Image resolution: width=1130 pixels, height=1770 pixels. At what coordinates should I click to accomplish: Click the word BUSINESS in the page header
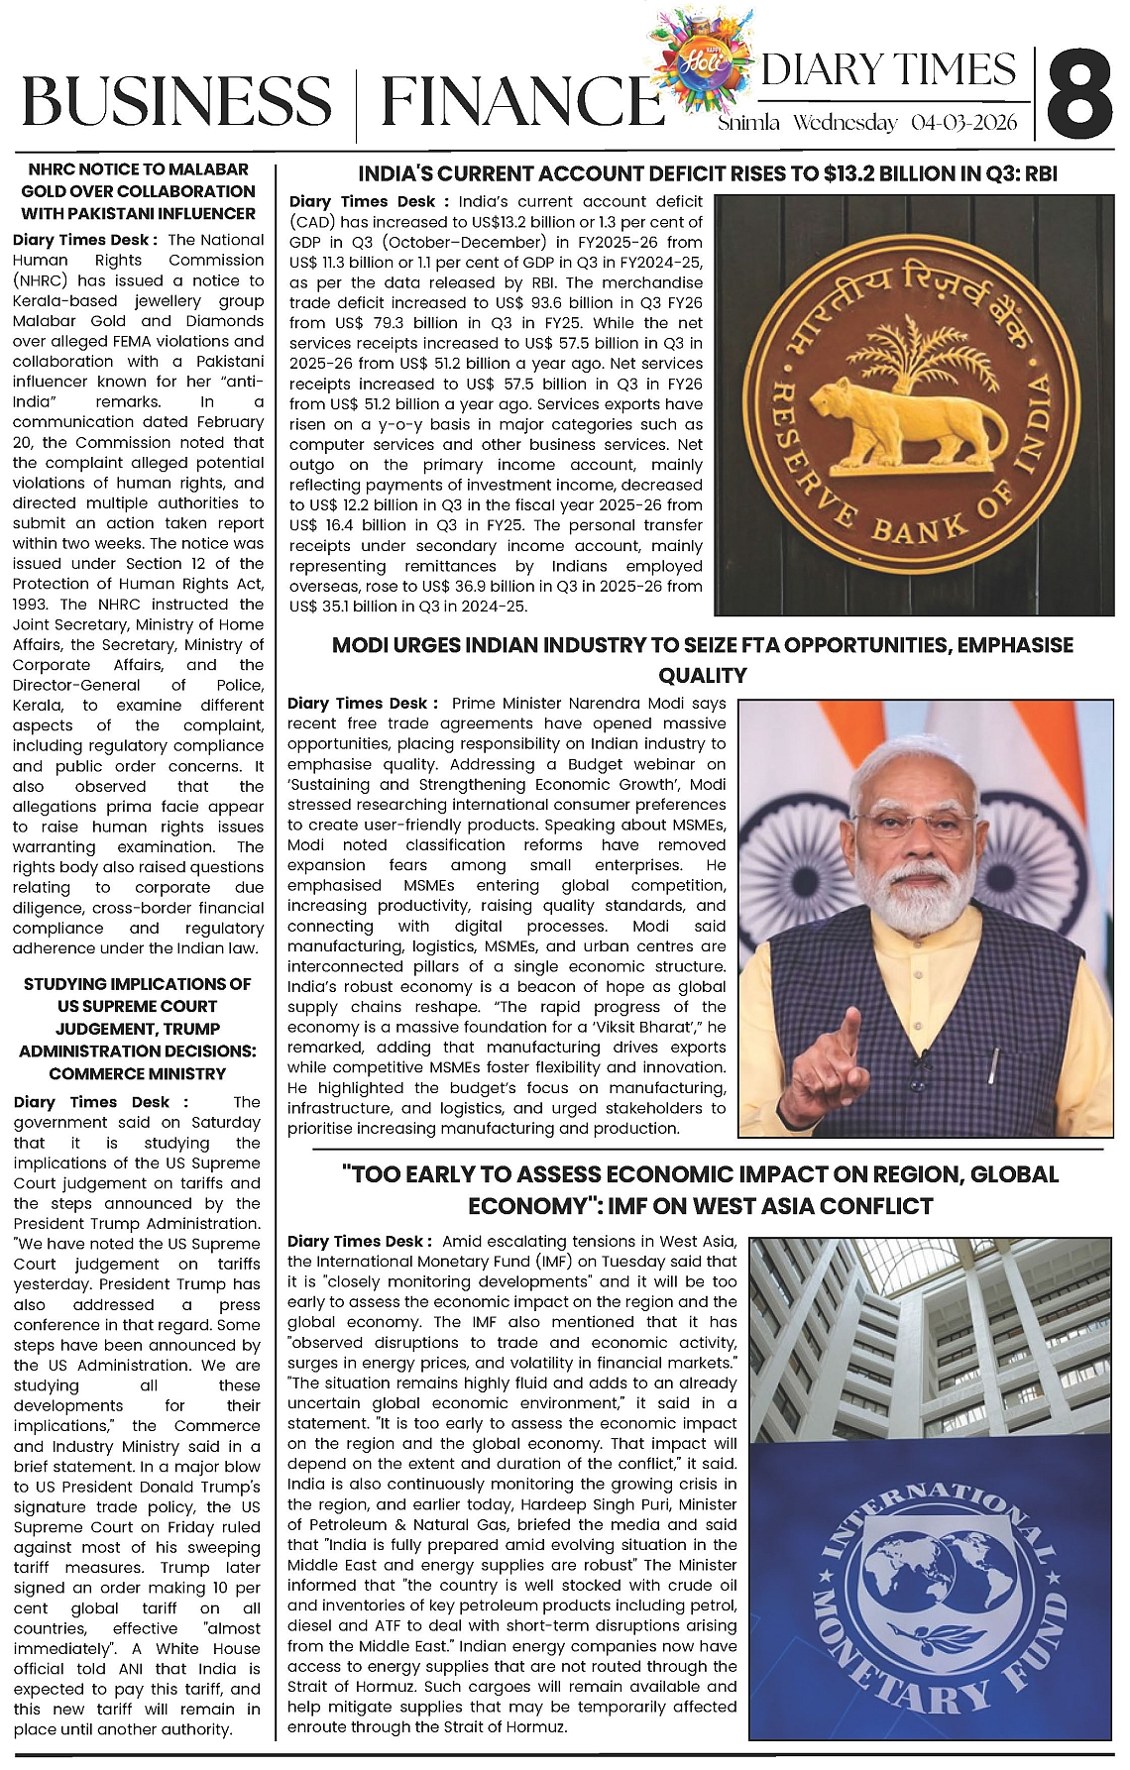[176, 102]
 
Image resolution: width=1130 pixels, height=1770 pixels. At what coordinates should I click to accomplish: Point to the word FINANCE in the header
[521, 102]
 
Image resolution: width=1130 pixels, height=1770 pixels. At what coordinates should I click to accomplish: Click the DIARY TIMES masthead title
[889, 69]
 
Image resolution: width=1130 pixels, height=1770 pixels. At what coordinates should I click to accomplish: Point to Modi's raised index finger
[847, 1036]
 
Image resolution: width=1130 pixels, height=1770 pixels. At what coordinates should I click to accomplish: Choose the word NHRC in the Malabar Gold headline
[59, 169]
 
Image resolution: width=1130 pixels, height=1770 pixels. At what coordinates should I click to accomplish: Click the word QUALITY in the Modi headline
[703, 676]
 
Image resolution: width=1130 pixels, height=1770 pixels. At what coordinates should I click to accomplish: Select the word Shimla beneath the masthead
[749, 123]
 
